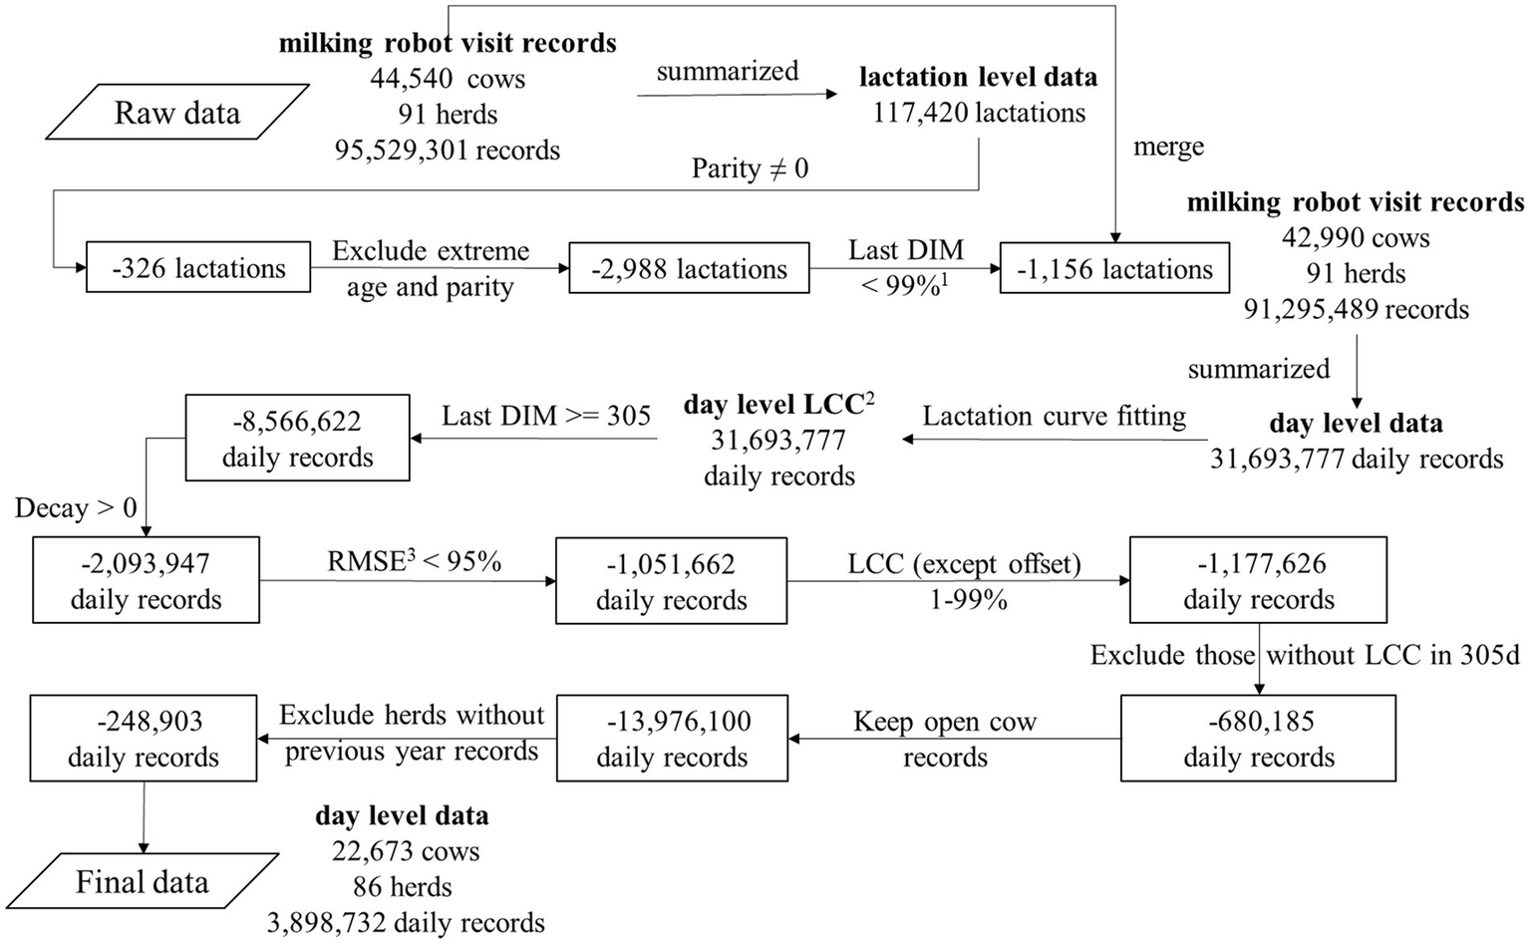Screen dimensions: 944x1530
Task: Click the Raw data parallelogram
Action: [176, 113]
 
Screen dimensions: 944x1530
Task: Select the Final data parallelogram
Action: [142, 882]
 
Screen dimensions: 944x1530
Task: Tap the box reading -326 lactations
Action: [198, 268]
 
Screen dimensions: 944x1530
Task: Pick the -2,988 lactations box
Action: [689, 269]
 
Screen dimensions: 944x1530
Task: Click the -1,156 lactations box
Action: [1114, 269]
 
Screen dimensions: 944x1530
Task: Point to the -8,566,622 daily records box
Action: [297, 439]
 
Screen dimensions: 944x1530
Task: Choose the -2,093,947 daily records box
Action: [146, 581]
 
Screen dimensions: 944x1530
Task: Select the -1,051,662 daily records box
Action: [671, 582]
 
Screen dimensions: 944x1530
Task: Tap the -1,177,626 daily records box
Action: [1258, 581]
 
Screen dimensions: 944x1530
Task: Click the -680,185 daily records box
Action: [1258, 739]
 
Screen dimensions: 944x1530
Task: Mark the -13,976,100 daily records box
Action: [671, 739]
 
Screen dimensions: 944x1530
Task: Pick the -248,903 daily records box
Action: [143, 739]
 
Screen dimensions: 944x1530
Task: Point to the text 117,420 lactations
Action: [979, 113]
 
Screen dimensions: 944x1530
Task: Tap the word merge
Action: [1168, 148]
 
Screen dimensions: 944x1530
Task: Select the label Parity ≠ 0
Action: [750, 168]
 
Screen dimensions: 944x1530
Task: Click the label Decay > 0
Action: [76, 508]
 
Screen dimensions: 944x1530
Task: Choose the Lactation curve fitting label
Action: [1055, 416]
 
